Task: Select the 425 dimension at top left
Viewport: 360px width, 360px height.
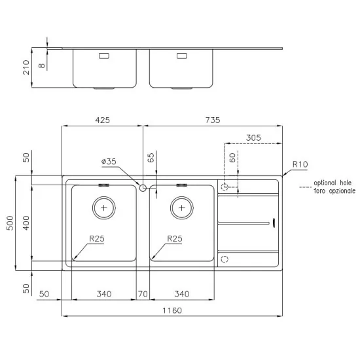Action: tap(102, 120)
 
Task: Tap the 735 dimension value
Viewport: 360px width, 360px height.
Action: tap(213, 120)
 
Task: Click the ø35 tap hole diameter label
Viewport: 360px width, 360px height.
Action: tap(109, 161)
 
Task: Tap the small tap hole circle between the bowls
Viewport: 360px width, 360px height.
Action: tap(143, 188)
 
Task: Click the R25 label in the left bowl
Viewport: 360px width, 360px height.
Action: tap(96, 239)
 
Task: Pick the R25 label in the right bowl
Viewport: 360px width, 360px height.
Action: tap(174, 239)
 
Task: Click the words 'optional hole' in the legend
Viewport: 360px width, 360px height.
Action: tap(333, 183)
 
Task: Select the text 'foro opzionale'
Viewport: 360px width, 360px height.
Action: tap(333, 190)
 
